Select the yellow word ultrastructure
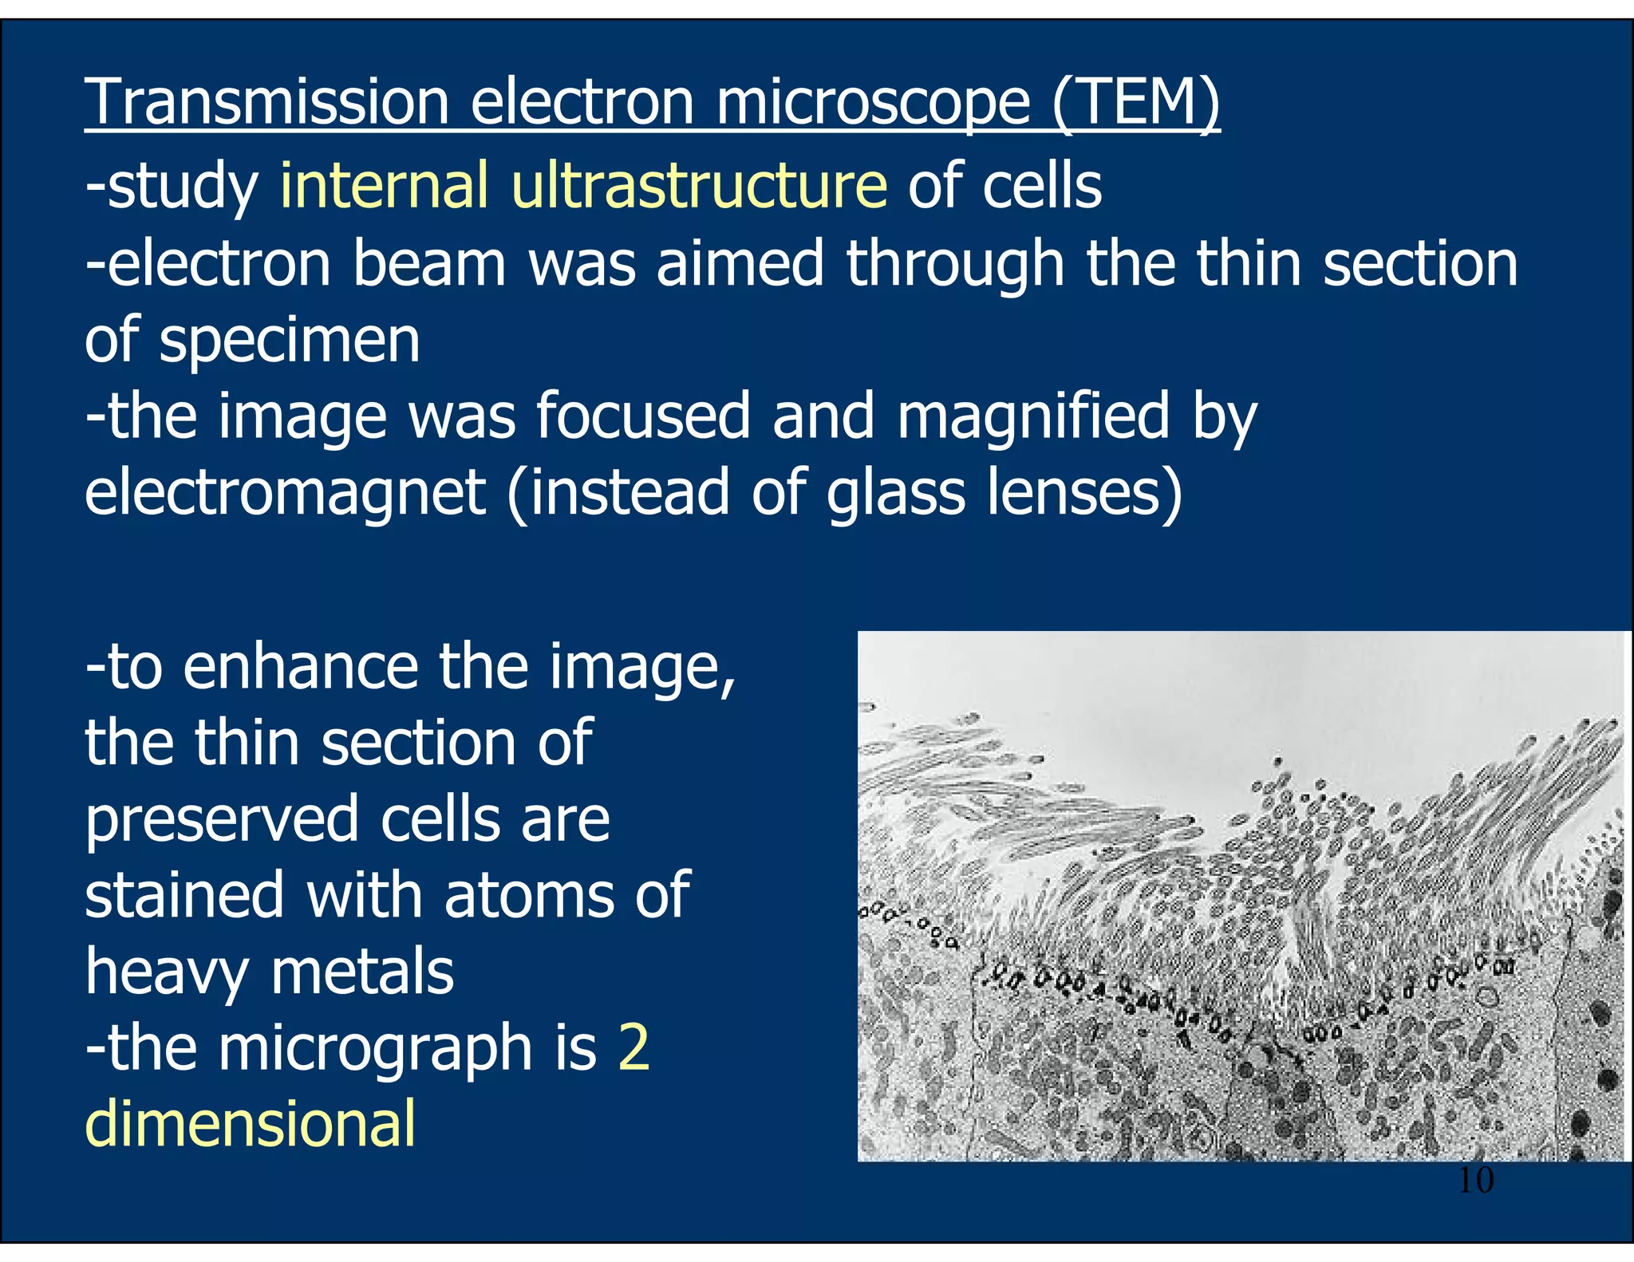(x=699, y=185)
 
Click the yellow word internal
(x=384, y=185)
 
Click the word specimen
(x=290, y=341)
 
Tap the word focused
(x=643, y=416)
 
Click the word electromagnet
(x=285, y=492)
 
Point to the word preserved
(x=222, y=820)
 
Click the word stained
(x=184, y=895)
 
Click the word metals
(x=362, y=972)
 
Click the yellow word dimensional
(x=251, y=1123)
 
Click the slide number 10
(x=1475, y=1180)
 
